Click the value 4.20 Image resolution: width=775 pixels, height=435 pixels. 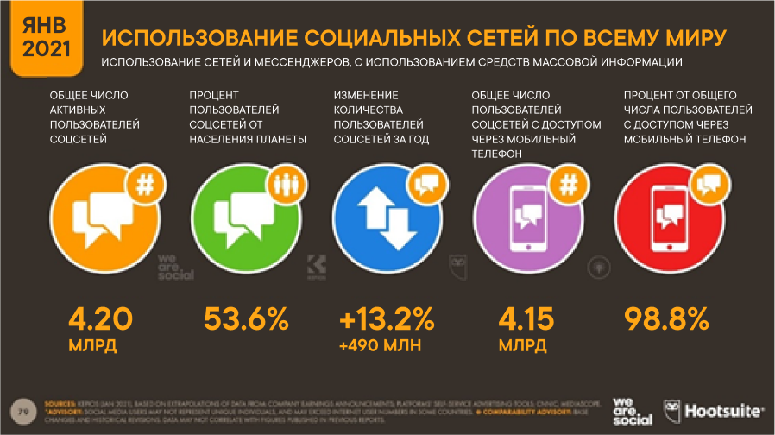[101, 320]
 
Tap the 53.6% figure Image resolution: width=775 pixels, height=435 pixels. [246, 320]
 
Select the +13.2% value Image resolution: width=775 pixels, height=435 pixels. [387, 320]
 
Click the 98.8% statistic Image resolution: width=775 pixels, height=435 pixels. [665, 320]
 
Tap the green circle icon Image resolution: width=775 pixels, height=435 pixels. [240, 215]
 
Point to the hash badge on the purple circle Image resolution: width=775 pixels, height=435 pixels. [570, 183]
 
